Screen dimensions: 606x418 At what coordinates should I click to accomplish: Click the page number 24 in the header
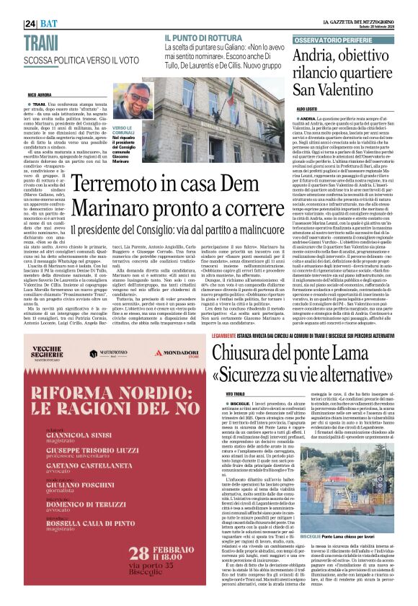(x=30, y=23)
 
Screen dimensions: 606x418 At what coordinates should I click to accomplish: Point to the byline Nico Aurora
(x=43, y=95)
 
